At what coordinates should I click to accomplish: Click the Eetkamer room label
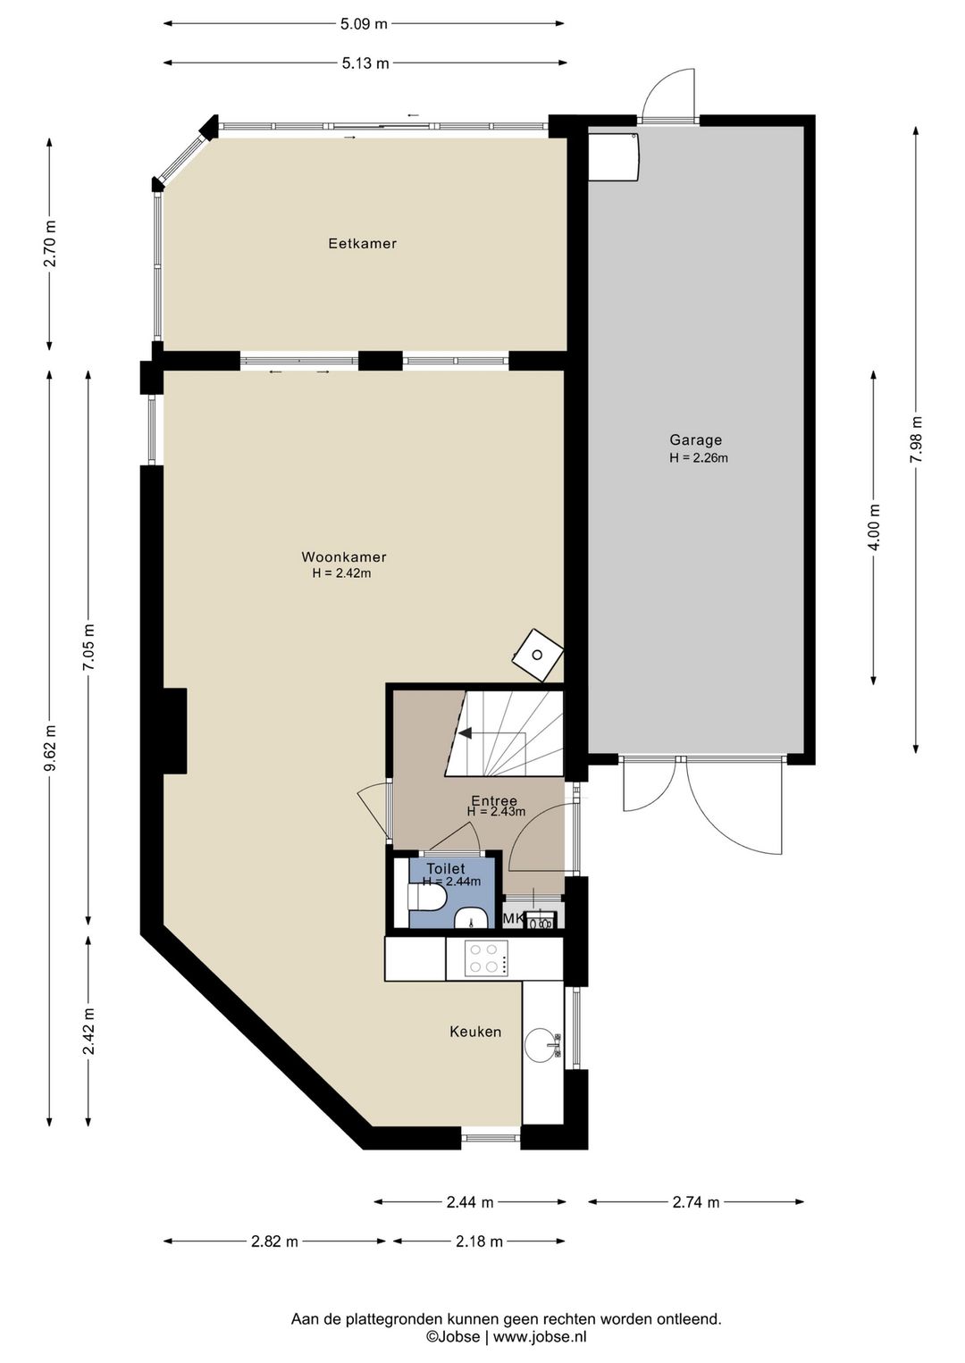(362, 243)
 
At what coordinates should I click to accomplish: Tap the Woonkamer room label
(343, 556)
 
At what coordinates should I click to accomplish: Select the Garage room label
(695, 440)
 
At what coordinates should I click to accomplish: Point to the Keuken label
(475, 1032)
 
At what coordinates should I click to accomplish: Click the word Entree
(494, 801)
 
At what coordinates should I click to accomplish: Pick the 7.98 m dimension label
(916, 439)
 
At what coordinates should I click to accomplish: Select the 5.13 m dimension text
(365, 63)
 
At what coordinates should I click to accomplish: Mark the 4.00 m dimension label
(874, 527)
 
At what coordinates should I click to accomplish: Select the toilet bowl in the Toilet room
(427, 898)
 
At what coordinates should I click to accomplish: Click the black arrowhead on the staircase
(466, 733)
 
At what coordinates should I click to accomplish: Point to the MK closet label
(512, 919)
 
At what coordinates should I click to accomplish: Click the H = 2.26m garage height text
(699, 457)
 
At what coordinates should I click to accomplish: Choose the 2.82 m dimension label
(274, 1242)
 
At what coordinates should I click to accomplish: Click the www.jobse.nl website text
(540, 1337)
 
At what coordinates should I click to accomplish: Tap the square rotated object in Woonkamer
(538, 656)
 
